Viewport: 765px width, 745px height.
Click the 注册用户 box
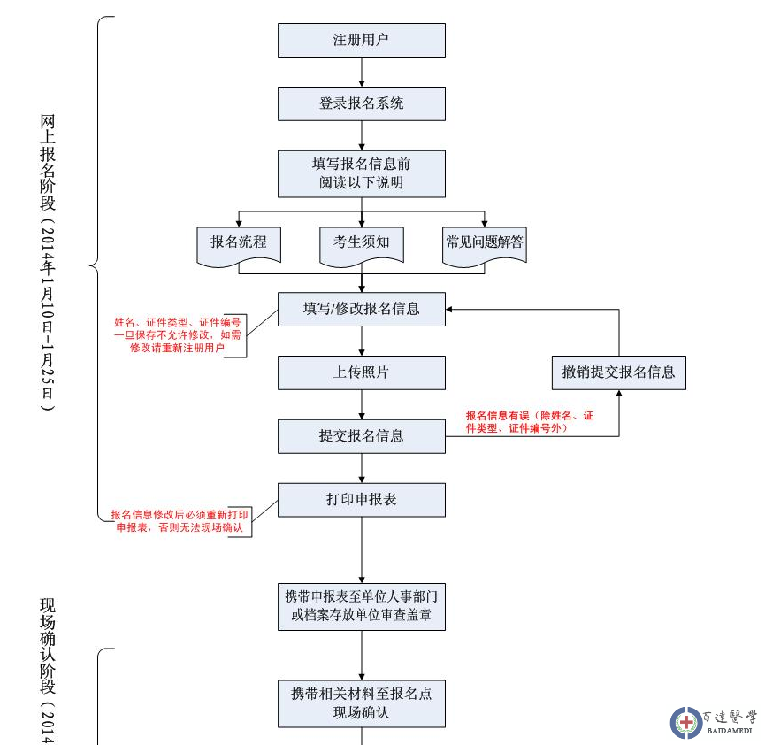(361, 40)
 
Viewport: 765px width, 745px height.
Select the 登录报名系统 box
(361, 104)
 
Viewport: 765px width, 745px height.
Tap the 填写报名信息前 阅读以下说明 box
(361, 173)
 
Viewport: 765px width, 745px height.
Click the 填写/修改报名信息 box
(361, 309)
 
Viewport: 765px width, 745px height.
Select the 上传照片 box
(361, 372)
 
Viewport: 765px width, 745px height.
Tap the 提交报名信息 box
(361, 436)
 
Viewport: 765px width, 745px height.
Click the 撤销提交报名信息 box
(618, 372)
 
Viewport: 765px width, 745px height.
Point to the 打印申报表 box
(361, 500)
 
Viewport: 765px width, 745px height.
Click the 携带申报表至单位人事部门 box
(361, 605)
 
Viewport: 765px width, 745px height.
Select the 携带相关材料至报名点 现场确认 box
(361, 703)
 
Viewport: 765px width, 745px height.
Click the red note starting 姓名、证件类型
(178, 335)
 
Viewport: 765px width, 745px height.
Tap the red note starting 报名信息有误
(529, 421)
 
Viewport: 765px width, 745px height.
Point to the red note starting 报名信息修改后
(180, 521)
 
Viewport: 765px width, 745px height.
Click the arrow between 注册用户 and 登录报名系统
(362, 72)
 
